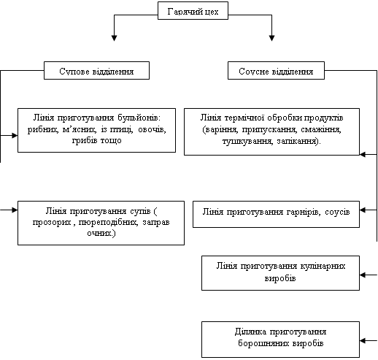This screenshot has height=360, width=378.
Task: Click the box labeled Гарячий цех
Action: (x=193, y=11)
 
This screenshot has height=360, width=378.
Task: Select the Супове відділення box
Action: (x=96, y=71)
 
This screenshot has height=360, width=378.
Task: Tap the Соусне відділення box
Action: (x=276, y=71)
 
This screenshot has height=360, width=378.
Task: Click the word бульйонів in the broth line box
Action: (x=139, y=118)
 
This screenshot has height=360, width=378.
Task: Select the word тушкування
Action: (x=247, y=141)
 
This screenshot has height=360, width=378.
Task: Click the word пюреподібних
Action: (x=108, y=222)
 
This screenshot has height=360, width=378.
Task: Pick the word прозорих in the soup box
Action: (x=52, y=222)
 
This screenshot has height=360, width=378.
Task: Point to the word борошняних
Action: (x=264, y=343)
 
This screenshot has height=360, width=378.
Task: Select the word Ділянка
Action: (x=250, y=332)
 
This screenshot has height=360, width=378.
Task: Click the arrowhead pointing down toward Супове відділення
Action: (x=115, y=38)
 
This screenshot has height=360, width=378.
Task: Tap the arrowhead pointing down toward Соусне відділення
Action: (x=271, y=38)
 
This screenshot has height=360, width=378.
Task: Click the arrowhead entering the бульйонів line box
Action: (x=15, y=135)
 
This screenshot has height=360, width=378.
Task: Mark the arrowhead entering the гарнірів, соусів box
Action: (x=363, y=210)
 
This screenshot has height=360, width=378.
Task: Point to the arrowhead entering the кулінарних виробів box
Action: (x=363, y=275)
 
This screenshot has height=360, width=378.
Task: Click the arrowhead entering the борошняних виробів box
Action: (x=363, y=340)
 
